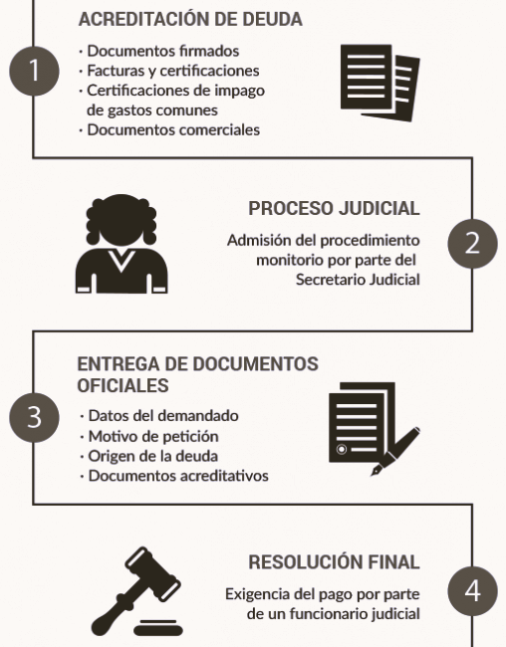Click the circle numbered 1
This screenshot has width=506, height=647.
coord(34,71)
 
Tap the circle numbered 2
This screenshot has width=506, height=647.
coord(472,244)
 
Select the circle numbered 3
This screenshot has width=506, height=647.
coord(34,418)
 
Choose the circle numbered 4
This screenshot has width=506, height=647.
coord(472,591)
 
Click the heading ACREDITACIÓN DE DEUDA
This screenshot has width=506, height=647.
coord(190,19)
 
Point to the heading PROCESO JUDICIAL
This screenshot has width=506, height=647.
coord(334,208)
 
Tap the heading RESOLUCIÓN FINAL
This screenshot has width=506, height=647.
coord(334,562)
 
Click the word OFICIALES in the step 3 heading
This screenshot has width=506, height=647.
coord(123,385)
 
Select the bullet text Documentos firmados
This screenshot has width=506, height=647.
coord(163,51)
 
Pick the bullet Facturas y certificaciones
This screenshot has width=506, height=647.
coord(173,71)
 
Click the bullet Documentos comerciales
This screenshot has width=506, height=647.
coord(173,130)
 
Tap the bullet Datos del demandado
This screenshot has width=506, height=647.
coord(163,415)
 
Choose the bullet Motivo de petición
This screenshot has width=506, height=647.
coord(153,436)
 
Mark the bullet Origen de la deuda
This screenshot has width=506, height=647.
coord(152,456)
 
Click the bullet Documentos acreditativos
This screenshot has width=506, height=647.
coord(178,476)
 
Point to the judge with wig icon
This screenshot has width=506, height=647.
coord(122,244)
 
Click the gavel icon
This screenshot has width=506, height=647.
coord(136,591)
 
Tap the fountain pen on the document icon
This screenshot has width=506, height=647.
coord(395,452)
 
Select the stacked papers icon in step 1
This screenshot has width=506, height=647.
coord(380,83)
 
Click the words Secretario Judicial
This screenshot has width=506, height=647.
coord(358,280)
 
